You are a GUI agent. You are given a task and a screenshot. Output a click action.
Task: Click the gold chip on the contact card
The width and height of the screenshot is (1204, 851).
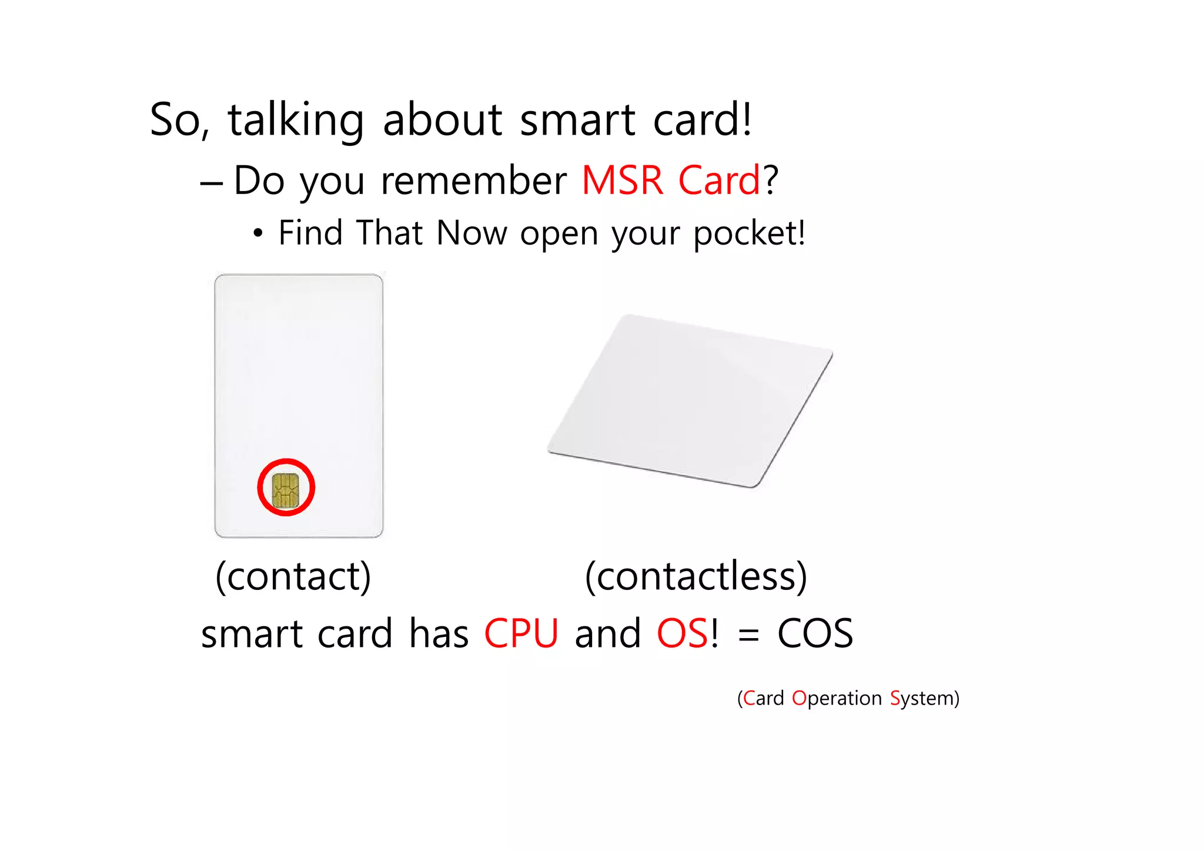(286, 489)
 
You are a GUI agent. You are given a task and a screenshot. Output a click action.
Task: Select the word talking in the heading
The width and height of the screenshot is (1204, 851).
(296, 121)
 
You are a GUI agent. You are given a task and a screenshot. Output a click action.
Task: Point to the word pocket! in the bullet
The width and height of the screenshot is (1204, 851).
(749, 233)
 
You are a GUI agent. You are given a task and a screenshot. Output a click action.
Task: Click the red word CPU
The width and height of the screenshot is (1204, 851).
(521, 634)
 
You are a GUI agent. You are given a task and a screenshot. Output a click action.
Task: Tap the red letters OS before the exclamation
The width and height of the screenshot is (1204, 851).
(682, 634)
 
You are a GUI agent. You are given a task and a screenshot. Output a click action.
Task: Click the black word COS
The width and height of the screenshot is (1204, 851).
(815, 634)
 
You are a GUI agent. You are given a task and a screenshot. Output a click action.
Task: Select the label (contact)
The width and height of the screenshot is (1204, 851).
(293, 576)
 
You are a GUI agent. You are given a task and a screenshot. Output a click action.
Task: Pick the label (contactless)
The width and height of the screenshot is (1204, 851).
(696, 576)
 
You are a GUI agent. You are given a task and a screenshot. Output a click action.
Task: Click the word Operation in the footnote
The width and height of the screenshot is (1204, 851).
(837, 698)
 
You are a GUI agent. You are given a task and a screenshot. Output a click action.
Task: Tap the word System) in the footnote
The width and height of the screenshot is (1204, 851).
(924, 699)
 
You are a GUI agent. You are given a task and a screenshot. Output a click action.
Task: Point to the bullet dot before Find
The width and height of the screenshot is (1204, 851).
(257, 234)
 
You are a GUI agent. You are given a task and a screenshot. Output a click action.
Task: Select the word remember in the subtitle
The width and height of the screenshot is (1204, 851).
(473, 181)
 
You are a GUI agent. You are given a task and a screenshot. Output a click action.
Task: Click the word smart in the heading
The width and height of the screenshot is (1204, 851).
(577, 121)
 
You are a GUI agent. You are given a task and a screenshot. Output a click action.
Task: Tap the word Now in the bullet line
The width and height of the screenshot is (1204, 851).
(471, 233)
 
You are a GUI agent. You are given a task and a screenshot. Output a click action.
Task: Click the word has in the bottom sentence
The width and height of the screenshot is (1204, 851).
(439, 634)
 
